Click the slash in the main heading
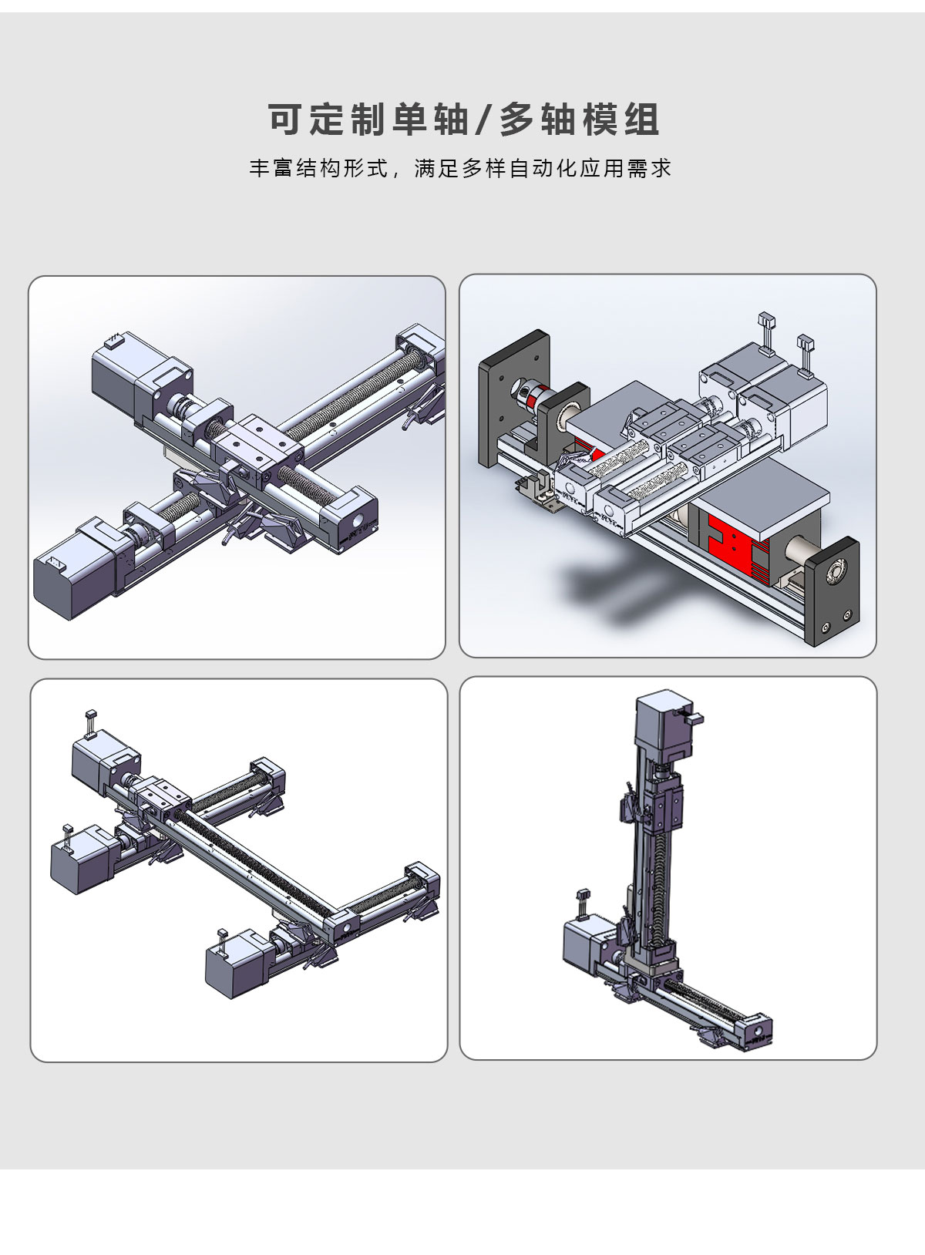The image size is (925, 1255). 483,120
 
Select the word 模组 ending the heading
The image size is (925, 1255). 621,120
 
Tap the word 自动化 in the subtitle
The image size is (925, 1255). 543,168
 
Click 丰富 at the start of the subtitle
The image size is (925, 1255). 271,168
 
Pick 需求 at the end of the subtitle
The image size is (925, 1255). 649,168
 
